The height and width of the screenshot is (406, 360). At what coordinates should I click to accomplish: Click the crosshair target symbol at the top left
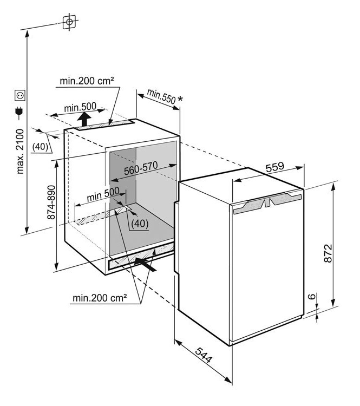pyautogui.click(x=69, y=22)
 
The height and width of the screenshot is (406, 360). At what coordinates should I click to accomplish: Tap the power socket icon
pyautogui.click(x=20, y=95)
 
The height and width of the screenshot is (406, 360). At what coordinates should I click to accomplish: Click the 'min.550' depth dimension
pyautogui.click(x=160, y=97)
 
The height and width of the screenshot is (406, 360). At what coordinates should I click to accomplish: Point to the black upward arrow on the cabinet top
pyautogui.click(x=83, y=119)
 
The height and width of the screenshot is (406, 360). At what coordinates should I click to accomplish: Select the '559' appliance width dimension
pyautogui.click(x=274, y=168)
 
